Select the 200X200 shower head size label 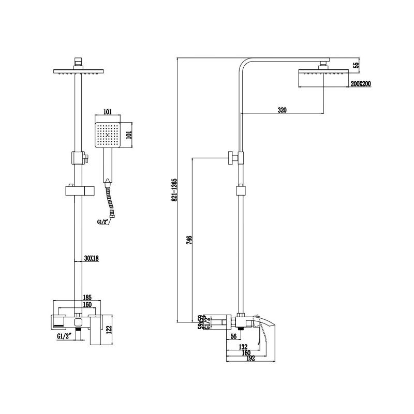(x=360, y=84)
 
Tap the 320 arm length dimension (x=282, y=110)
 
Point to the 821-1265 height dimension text (x=174, y=189)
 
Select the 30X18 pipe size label (x=92, y=259)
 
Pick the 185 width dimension (x=87, y=298)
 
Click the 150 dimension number (x=87, y=305)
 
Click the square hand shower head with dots (x=108, y=135)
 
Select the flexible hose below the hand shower (x=110, y=199)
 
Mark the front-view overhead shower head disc (x=77, y=73)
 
